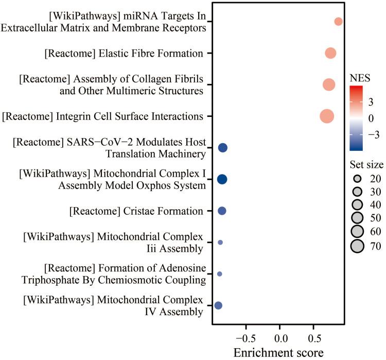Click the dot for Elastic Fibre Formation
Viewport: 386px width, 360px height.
click(x=330, y=53)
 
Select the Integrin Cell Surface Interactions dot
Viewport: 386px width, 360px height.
click(x=327, y=116)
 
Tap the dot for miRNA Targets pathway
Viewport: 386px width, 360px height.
click(x=338, y=22)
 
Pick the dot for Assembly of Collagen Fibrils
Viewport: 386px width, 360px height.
click(x=329, y=84)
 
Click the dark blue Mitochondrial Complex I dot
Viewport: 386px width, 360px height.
click(x=222, y=179)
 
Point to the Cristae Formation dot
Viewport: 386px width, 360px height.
click(x=222, y=211)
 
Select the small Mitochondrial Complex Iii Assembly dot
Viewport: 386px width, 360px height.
click(x=220, y=242)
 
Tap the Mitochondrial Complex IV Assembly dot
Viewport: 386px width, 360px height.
click(x=218, y=305)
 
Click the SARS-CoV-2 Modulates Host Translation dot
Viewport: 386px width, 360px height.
click(x=223, y=148)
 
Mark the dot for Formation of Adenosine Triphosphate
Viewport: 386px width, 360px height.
click(x=220, y=274)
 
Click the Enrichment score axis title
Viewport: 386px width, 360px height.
click(x=278, y=353)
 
